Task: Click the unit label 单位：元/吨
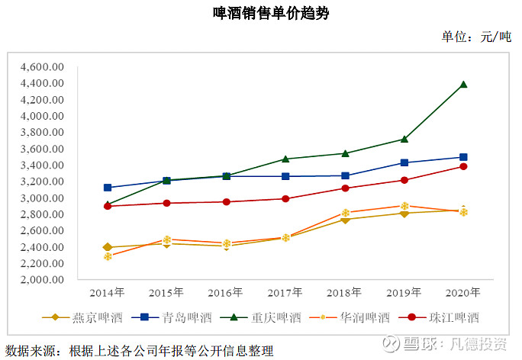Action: [x=475, y=37]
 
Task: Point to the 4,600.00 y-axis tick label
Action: [x=42, y=67]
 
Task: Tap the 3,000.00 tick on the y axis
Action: [x=42, y=198]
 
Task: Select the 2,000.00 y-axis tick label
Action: [x=42, y=279]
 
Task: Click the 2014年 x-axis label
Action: [x=107, y=292]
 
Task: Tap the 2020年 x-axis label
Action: [x=463, y=292]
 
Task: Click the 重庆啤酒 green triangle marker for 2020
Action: [x=463, y=85]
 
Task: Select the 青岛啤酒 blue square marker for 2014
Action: [x=108, y=188]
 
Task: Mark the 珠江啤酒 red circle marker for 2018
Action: [x=345, y=188]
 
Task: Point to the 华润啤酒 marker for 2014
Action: [x=108, y=256]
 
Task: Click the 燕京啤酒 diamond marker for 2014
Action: [x=108, y=247]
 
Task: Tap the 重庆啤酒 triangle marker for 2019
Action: [x=404, y=139]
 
